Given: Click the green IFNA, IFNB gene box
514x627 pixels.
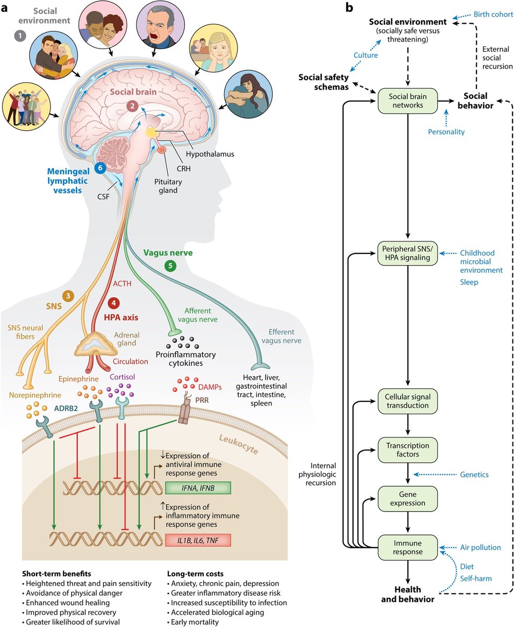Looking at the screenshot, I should [x=197, y=489].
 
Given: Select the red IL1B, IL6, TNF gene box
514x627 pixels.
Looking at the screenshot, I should [x=197, y=540].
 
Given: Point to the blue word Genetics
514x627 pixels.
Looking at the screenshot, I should [x=474, y=474].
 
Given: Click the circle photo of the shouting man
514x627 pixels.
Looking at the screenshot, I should [x=160, y=24].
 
